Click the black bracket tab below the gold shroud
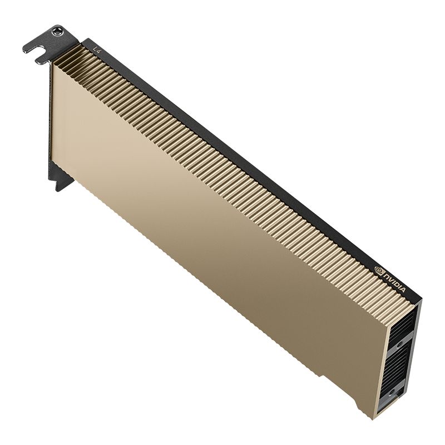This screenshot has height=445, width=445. point(63,181)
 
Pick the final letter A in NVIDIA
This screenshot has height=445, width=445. point(406,292)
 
